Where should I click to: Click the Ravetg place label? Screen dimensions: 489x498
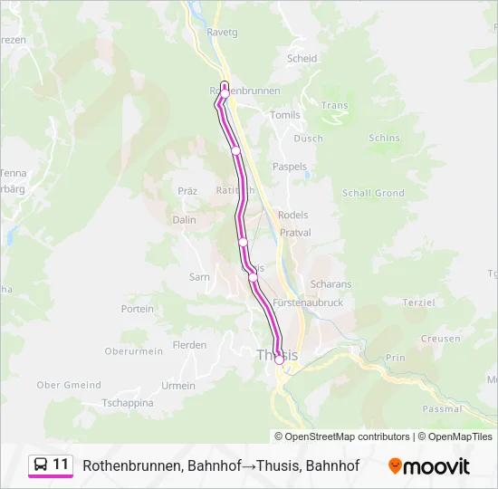coord(222,32)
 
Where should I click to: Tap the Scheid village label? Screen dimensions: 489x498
coord(302,58)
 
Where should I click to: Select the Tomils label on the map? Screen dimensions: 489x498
coord(285,115)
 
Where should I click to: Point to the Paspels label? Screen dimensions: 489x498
coord(290,168)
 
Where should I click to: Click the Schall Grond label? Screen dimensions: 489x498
coord(373,193)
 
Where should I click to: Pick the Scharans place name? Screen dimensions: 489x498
coord(330,284)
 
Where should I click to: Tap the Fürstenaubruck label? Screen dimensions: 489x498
coord(308,302)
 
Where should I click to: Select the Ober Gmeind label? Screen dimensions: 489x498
coord(69,385)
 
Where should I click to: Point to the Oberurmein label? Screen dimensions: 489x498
coord(134,351)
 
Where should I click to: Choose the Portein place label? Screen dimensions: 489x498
coord(138,309)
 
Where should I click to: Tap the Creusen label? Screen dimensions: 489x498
coord(440,339)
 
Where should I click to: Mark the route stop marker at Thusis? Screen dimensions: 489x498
coord(279,360)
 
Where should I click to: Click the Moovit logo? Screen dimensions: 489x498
coord(429,466)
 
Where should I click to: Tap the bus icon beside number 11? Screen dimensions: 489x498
coord(40,465)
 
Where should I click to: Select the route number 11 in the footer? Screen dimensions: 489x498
coord(61,465)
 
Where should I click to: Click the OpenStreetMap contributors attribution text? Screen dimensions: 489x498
coord(348,436)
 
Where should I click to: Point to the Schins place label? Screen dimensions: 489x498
coord(384,138)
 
